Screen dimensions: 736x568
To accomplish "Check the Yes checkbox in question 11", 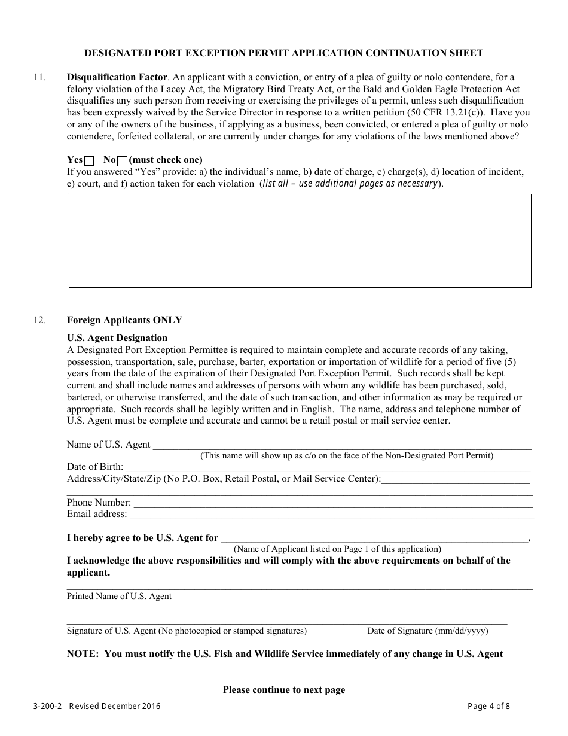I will coord(90,160).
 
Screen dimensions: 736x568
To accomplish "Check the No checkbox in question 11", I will coord(123,160).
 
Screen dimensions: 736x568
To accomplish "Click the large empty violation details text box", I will coord(300,241).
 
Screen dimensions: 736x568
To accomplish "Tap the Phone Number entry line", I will coord(332,503).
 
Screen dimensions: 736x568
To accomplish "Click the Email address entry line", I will coord(331,515).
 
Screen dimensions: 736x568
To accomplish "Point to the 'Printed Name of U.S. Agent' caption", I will coord(119,596).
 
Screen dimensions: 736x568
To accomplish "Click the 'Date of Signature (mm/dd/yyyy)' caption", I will coord(427,631).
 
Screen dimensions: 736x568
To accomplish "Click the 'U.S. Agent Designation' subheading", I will coord(117,338).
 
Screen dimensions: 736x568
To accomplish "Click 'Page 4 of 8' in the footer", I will coord(488,706).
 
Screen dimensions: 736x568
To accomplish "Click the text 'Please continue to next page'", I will coord(284,690).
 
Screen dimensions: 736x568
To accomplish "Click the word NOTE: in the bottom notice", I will coord(83,654).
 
